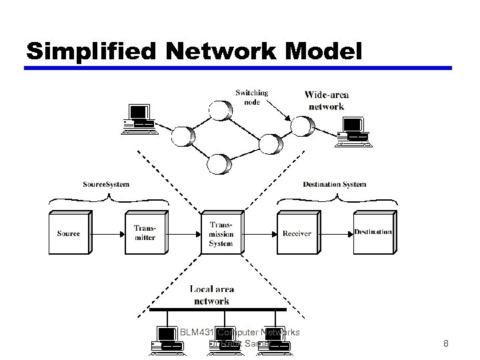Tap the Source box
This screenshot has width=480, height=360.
[x=69, y=233]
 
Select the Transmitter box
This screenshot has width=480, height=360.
[x=145, y=233]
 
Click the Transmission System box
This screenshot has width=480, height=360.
[x=221, y=234]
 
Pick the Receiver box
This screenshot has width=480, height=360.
[x=297, y=233]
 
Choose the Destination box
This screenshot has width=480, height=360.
[x=373, y=233]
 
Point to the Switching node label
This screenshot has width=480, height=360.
[x=252, y=97]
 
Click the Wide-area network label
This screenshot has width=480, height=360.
[x=327, y=101]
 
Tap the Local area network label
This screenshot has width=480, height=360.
[x=211, y=295]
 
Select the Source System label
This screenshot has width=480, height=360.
[x=106, y=184]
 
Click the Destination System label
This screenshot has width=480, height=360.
[x=335, y=184]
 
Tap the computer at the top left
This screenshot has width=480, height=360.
[x=140, y=119]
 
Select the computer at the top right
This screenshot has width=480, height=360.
[x=352, y=130]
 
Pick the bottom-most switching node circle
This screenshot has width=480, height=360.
[x=218, y=163]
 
